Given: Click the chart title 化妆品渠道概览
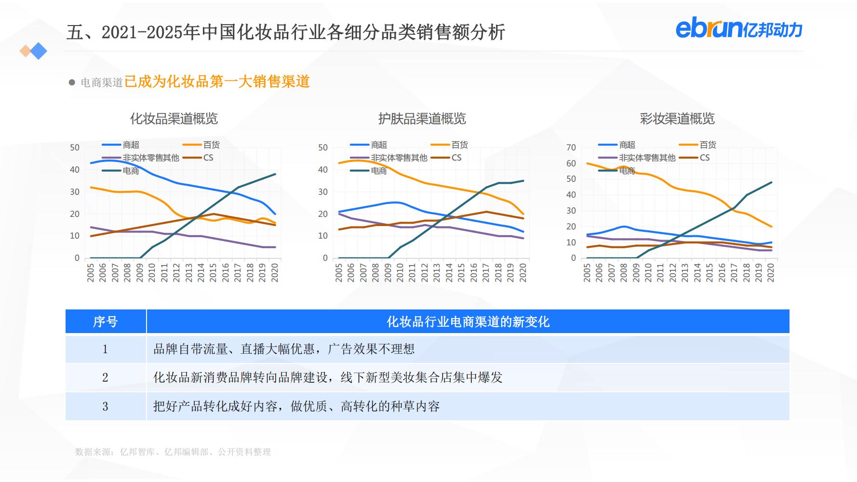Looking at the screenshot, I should [174, 119].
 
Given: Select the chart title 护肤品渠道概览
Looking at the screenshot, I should [422, 119].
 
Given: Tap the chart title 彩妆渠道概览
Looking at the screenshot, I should [677, 119].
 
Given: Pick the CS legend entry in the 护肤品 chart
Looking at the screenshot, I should [456, 158].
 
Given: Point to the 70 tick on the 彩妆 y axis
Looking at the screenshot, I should [571, 147].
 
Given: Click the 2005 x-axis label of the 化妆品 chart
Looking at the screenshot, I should [91, 273].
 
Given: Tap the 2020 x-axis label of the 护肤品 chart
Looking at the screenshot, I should [523, 273].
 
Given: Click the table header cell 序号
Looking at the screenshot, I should [106, 321].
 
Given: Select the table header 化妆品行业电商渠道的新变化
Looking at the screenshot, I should [468, 321].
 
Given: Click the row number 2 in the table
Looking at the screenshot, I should [105, 377].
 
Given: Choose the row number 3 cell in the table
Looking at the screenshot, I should [105, 406].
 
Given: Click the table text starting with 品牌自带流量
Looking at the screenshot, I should [284, 349].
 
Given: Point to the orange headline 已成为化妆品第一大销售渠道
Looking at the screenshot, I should [217, 82].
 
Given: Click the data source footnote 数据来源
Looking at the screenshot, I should [173, 452].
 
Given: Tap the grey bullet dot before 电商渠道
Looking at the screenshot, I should [72, 82].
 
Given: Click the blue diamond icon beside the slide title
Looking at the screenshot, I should [38, 51].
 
